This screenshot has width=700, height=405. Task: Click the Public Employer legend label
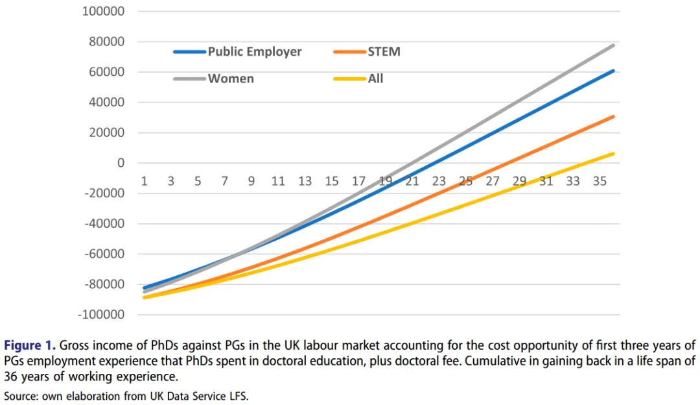[254, 51]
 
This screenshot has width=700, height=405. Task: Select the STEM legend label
[384, 51]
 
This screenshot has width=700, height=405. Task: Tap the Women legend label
[231, 79]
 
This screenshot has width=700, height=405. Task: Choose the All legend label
[375, 79]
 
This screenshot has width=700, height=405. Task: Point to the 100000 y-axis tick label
[104, 12]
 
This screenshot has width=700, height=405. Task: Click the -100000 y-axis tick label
[102, 315]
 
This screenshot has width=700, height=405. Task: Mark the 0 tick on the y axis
[121, 163]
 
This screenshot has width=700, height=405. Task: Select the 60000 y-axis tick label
[107, 72]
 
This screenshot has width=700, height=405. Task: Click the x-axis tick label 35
[600, 181]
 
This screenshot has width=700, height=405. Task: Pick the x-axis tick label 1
[144, 181]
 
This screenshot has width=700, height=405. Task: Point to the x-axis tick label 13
[305, 181]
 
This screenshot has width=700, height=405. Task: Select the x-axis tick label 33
[572, 181]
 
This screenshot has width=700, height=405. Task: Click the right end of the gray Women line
[613, 45]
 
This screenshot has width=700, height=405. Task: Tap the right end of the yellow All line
[613, 154]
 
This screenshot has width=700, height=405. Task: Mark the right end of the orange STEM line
[613, 117]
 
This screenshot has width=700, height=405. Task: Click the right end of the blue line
[613, 71]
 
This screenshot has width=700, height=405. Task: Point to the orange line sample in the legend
[349, 51]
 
